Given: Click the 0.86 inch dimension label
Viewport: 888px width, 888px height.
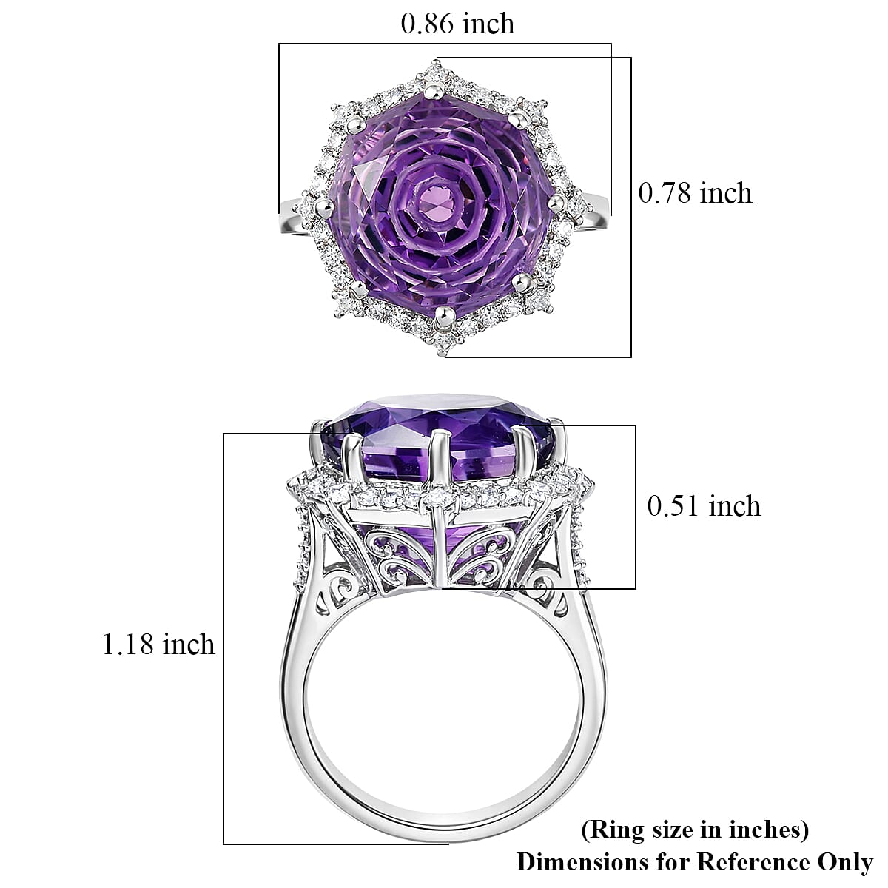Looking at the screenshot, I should coord(457,24).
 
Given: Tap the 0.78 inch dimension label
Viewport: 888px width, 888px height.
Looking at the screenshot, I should coord(695,193).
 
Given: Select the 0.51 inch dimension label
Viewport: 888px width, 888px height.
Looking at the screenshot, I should coord(704,506).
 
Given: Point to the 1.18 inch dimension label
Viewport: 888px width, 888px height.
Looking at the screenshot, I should coord(158,645).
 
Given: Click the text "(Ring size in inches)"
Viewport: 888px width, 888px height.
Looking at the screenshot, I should coord(694,830).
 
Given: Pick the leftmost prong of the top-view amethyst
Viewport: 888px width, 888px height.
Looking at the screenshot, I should coord(323,206).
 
